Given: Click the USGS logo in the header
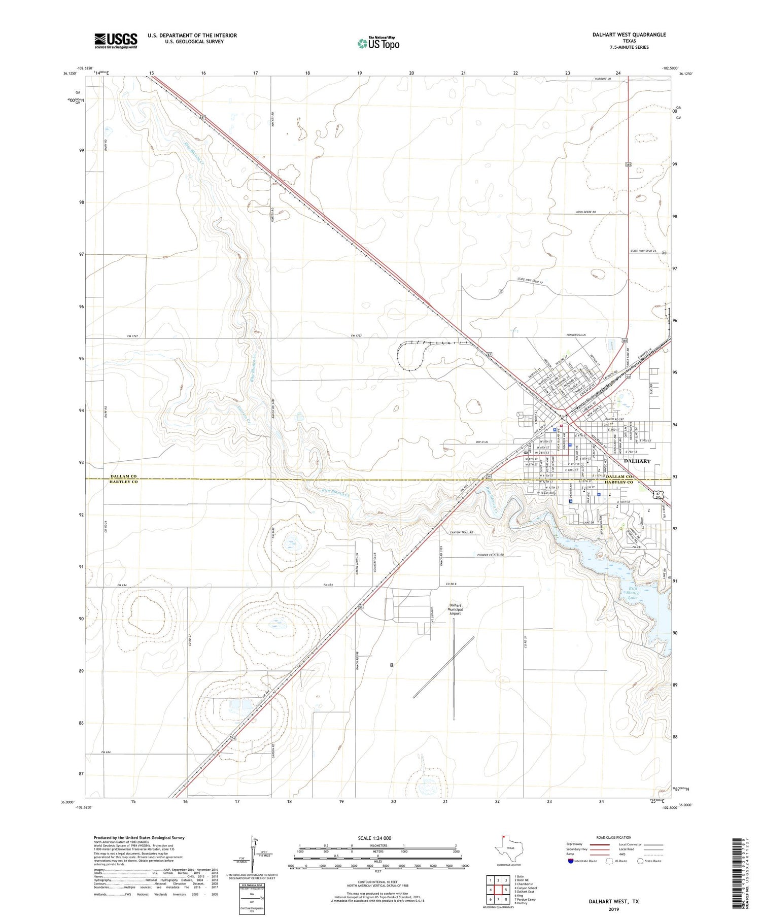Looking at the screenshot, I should pyautogui.click(x=116, y=41).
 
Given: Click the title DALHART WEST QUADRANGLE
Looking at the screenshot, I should pyautogui.click(x=629, y=35).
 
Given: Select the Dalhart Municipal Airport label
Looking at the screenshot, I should pyautogui.click(x=455, y=609).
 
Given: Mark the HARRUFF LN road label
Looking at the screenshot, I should pyautogui.click(x=606, y=79).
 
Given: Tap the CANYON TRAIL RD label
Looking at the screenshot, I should pyautogui.click(x=461, y=532).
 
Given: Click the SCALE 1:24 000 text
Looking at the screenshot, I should pyautogui.click(x=377, y=838).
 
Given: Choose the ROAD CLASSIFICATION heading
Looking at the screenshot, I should pyautogui.click(x=614, y=837).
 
